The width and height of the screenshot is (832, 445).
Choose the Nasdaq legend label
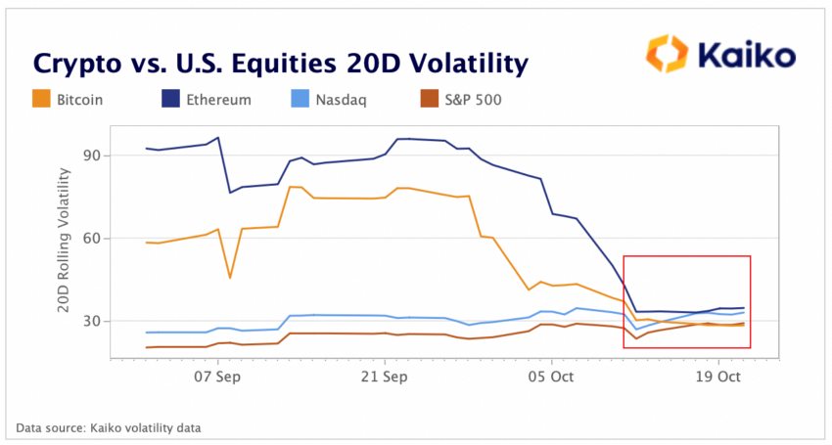point(339,100)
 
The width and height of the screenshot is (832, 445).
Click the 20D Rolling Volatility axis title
point(65,240)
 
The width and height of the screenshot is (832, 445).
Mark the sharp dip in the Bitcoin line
point(230,277)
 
